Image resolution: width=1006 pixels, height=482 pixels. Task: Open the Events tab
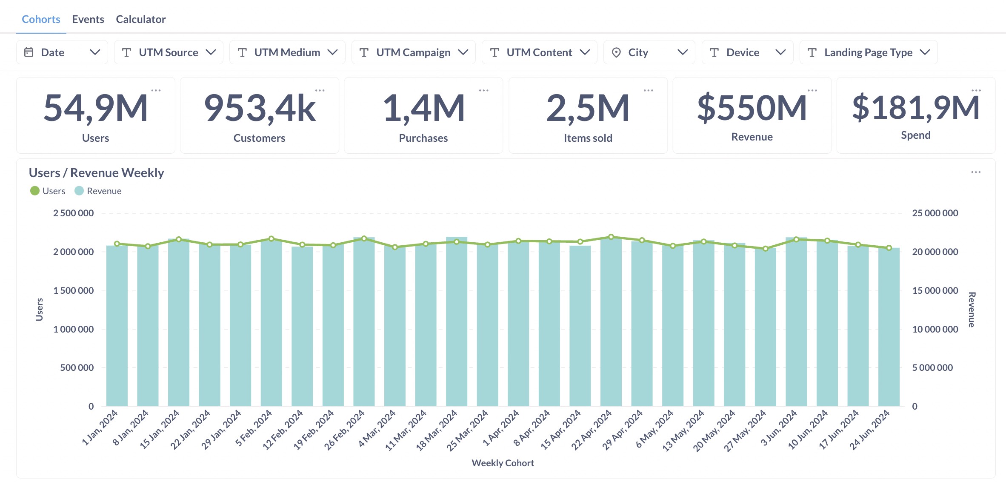tap(88, 19)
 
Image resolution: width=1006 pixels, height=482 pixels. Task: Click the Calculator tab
tap(140, 19)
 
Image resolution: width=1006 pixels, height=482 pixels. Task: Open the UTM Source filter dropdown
tap(169, 52)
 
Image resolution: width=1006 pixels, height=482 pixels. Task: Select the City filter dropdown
tap(649, 52)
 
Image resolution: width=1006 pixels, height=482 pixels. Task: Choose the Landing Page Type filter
tap(868, 52)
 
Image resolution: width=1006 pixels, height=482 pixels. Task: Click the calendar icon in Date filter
tap(29, 52)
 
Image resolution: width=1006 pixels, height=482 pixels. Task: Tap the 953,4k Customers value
tap(260, 108)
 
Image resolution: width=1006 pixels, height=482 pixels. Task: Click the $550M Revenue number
tap(752, 108)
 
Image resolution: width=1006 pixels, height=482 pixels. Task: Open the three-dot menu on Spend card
tap(976, 90)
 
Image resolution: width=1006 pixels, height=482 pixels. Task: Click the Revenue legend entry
tap(98, 191)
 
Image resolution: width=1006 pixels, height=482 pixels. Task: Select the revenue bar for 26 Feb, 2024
tap(364, 324)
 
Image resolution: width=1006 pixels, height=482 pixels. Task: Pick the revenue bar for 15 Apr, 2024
tap(580, 328)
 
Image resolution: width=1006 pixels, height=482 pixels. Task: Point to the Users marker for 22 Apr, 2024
tap(611, 237)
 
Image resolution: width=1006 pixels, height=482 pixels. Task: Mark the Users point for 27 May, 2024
tap(766, 249)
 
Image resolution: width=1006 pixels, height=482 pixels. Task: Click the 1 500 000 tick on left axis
tap(73, 290)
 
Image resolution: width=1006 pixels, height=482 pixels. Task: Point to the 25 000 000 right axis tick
tap(935, 213)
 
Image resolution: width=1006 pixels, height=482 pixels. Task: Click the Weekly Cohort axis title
tap(503, 463)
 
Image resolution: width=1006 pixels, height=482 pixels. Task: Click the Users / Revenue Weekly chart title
tap(96, 172)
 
